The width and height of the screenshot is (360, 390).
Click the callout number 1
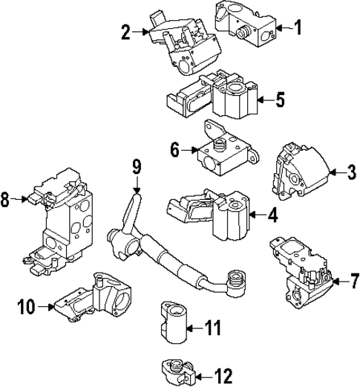coord(298,29)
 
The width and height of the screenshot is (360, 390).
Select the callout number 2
coord(125,31)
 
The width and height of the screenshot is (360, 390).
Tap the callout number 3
coord(351,173)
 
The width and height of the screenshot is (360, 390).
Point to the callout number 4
coord(273,217)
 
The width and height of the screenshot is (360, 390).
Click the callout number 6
coord(175,150)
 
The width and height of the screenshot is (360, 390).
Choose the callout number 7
coord(354,282)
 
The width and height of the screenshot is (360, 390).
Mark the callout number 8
coord(6,199)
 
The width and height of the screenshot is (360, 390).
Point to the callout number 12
coord(223,374)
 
